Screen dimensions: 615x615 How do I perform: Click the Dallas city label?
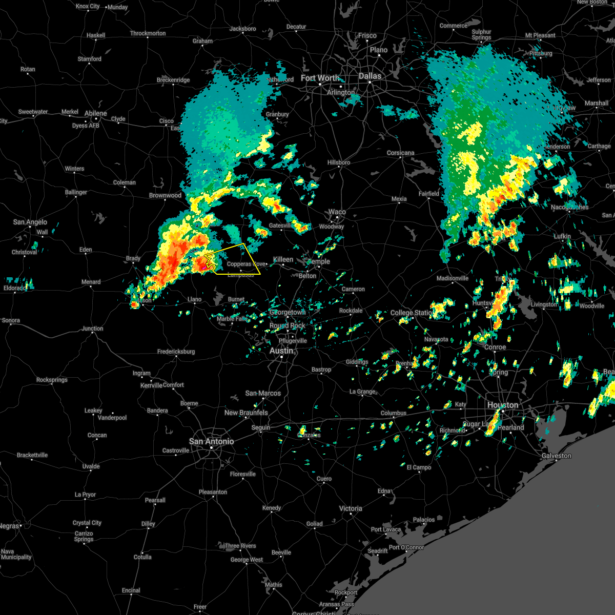[370, 76]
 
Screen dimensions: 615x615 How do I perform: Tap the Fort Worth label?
[320, 78]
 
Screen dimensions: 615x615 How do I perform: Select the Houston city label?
[502, 405]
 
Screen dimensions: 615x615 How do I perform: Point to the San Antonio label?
[211, 441]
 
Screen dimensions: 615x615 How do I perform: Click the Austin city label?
[281, 351]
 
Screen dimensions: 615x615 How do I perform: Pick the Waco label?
[337, 212]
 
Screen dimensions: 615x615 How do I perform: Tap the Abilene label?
[96, 113]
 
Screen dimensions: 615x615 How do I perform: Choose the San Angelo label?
[30, 222]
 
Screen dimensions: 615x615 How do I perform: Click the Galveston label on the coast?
[556, 456]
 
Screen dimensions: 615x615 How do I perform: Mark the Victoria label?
[351, 508]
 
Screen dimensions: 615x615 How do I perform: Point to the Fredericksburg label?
[176, 352]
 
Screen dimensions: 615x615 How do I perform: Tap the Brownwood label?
[165, 195]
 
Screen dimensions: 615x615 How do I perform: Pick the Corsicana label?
[400, 153]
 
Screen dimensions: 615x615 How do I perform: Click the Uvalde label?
[91, 466]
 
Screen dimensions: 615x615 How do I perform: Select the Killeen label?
[283, 259]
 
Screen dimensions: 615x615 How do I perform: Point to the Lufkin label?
[562, 236]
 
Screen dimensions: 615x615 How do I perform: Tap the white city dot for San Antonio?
[211, 448]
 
